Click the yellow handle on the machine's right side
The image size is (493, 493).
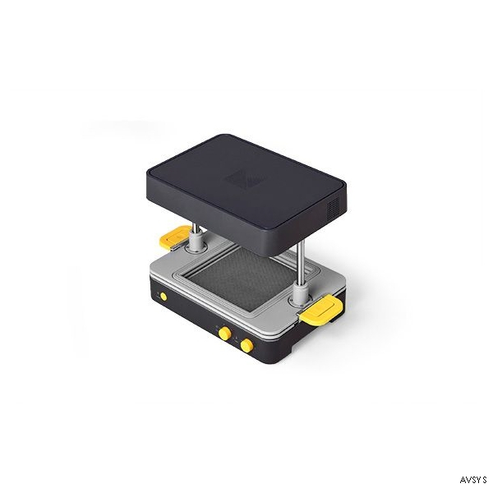click(x=321, y=310)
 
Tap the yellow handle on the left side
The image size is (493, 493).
click(x=173, y=237)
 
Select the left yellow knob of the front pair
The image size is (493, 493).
click(x=224, y=333)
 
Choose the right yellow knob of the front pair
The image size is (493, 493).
click(x=246, y=346)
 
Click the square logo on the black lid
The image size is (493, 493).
click(x=245, y=179)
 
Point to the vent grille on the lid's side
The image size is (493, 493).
click(x=334, y=207)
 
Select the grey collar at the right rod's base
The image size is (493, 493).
click(x=300, y=293)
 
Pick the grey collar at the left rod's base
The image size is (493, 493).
click(x=196, y=242)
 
